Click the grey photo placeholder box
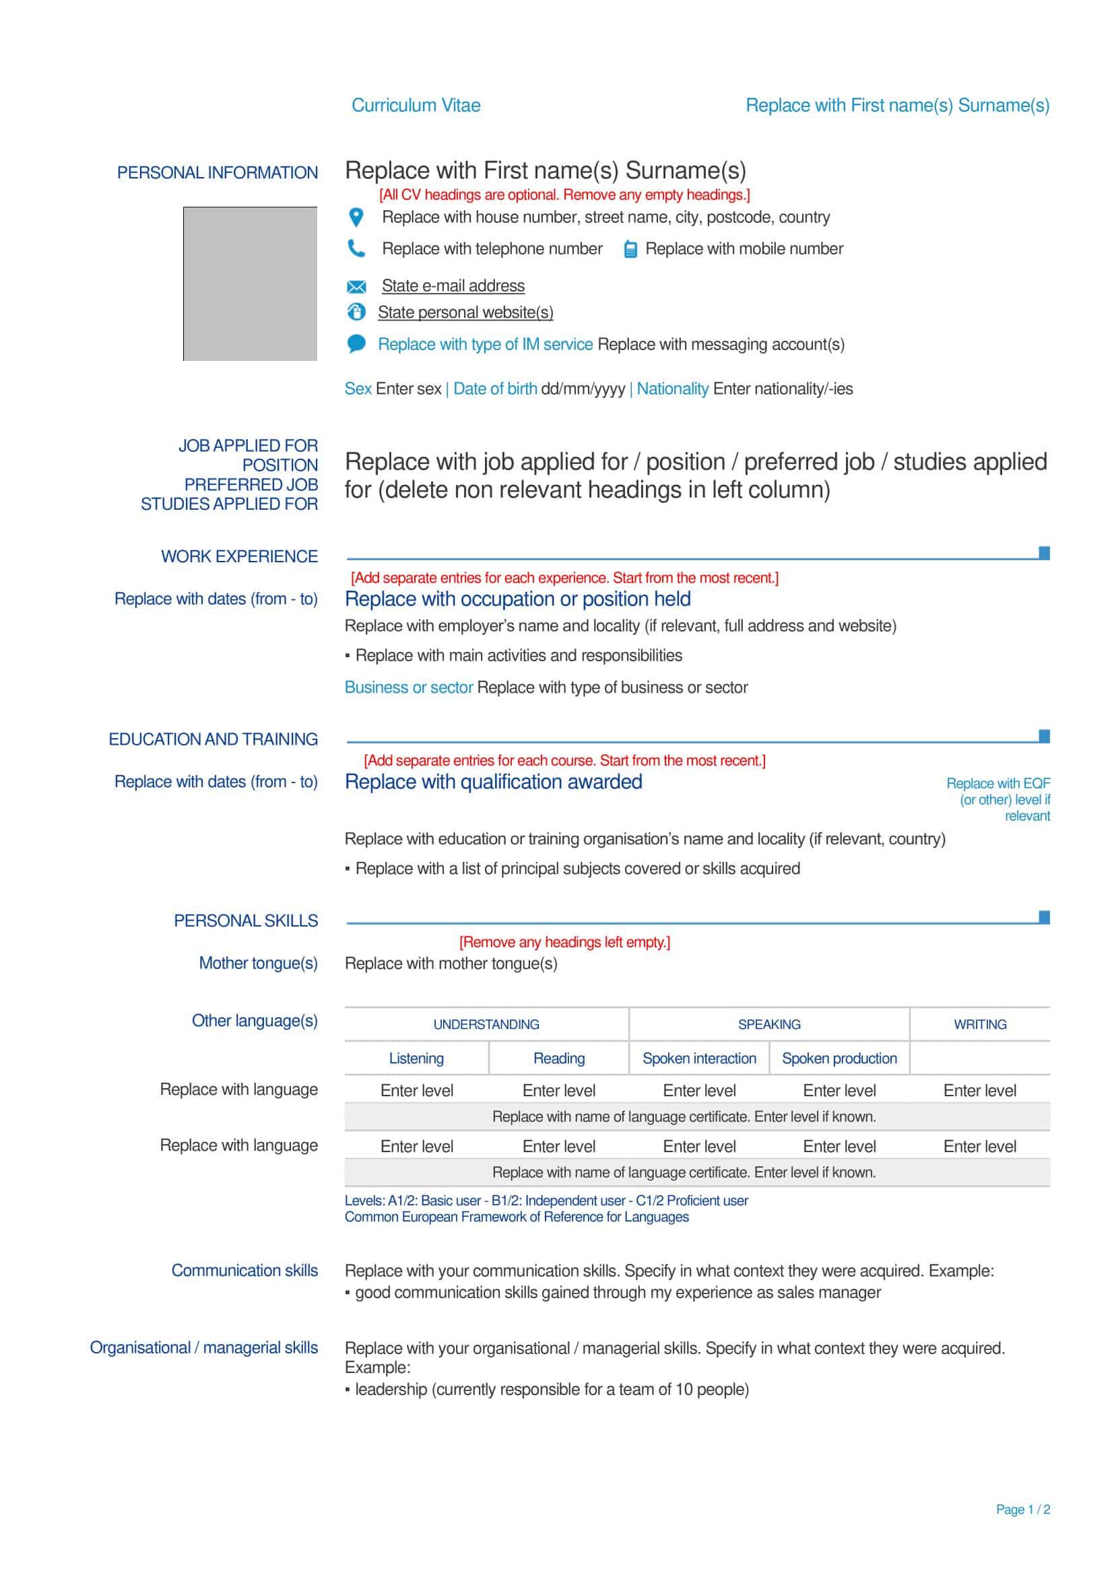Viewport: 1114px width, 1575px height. pos(250,283)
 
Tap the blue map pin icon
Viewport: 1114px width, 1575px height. pos(356,217)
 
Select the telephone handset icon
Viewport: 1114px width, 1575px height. pos(356,248)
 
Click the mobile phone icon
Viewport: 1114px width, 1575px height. pos(630,250)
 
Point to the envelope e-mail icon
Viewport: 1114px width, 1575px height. pos(356,287)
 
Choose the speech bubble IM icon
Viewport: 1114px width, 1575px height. pos(356,343)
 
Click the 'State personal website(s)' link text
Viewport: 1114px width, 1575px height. pos(465,313)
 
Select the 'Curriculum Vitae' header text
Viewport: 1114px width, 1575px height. pos(416,106)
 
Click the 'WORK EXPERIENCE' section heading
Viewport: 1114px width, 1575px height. pos(239,556)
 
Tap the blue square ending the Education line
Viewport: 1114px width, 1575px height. pos(1044,736)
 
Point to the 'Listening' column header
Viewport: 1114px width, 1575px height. pos(416,1059)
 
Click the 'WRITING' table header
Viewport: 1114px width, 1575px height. pos(979,1024)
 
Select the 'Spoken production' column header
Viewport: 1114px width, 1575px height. pos(839,1059)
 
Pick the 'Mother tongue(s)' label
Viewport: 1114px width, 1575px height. pos(258,963)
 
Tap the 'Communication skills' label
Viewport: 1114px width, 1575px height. pos(244,1271)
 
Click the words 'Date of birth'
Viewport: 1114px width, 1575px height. pos(494,389)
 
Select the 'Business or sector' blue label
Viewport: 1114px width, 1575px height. pos(408,688)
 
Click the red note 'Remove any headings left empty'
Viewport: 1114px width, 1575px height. pos(564,942)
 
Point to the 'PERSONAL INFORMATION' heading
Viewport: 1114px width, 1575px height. pos(218,173)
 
